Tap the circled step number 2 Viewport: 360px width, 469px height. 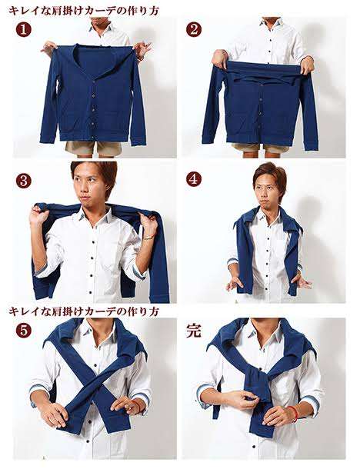194,29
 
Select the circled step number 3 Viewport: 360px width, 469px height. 24,181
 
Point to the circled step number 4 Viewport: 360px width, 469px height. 194,179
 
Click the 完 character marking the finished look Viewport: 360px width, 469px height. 194,331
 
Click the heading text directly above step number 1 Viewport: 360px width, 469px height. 85,9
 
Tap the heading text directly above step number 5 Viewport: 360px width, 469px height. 85,311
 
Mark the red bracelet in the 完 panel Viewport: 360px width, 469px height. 294,413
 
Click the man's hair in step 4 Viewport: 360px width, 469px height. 268,171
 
